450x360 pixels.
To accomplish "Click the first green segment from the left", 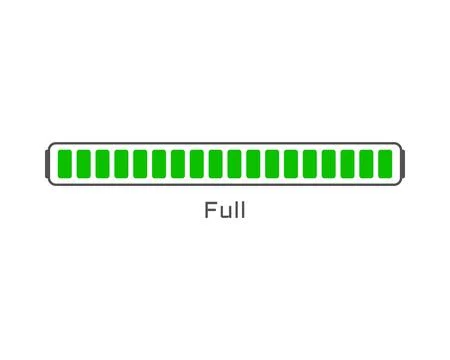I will pos(64,163).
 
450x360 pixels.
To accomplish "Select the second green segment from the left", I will pos(83,163).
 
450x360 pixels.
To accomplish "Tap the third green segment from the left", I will pos(102,163).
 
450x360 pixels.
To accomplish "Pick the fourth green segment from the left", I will pos(120,163).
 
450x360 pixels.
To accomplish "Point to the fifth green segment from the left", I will pos(139,163).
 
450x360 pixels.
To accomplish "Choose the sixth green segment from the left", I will pos(158,163).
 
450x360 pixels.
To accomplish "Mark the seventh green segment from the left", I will pos(177,163).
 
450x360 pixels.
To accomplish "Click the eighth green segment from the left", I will pos(196,163).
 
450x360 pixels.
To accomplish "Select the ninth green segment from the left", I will pos(215,163).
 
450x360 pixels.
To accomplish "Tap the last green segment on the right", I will pos(385,163).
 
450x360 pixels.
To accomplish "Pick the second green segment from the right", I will pos(366,163).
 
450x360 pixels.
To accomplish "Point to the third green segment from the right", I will pos(347,163).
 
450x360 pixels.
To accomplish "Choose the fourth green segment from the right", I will pos(328,163).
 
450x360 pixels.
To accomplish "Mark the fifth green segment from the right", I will pos(309,163).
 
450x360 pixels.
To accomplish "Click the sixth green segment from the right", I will pos(290,163).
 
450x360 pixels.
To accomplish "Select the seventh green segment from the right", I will pos(271,163).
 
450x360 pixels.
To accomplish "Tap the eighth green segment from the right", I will pos(253,163).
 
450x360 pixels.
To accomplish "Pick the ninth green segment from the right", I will pos(234,163).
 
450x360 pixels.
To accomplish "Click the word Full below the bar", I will pos(225,211).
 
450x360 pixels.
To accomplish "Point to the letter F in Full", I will pos(210,211).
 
